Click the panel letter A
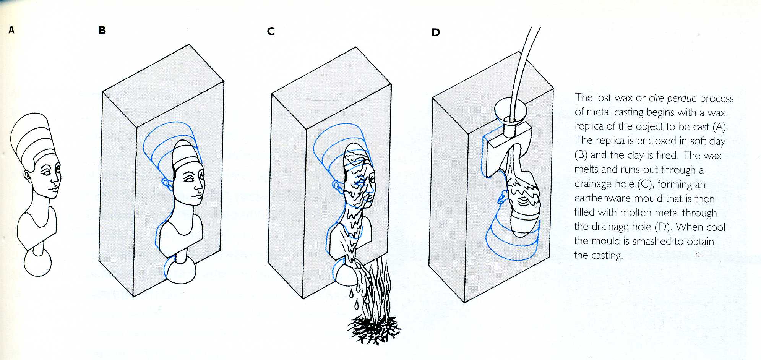coord(11,30)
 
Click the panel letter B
coord(102,30)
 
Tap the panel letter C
coord(271,31)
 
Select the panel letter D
coord(436,32)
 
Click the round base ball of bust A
coord(37,263)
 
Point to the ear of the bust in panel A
coord(27,176)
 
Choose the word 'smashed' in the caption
coord(652,241)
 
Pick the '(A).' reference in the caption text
coord(719,126)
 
